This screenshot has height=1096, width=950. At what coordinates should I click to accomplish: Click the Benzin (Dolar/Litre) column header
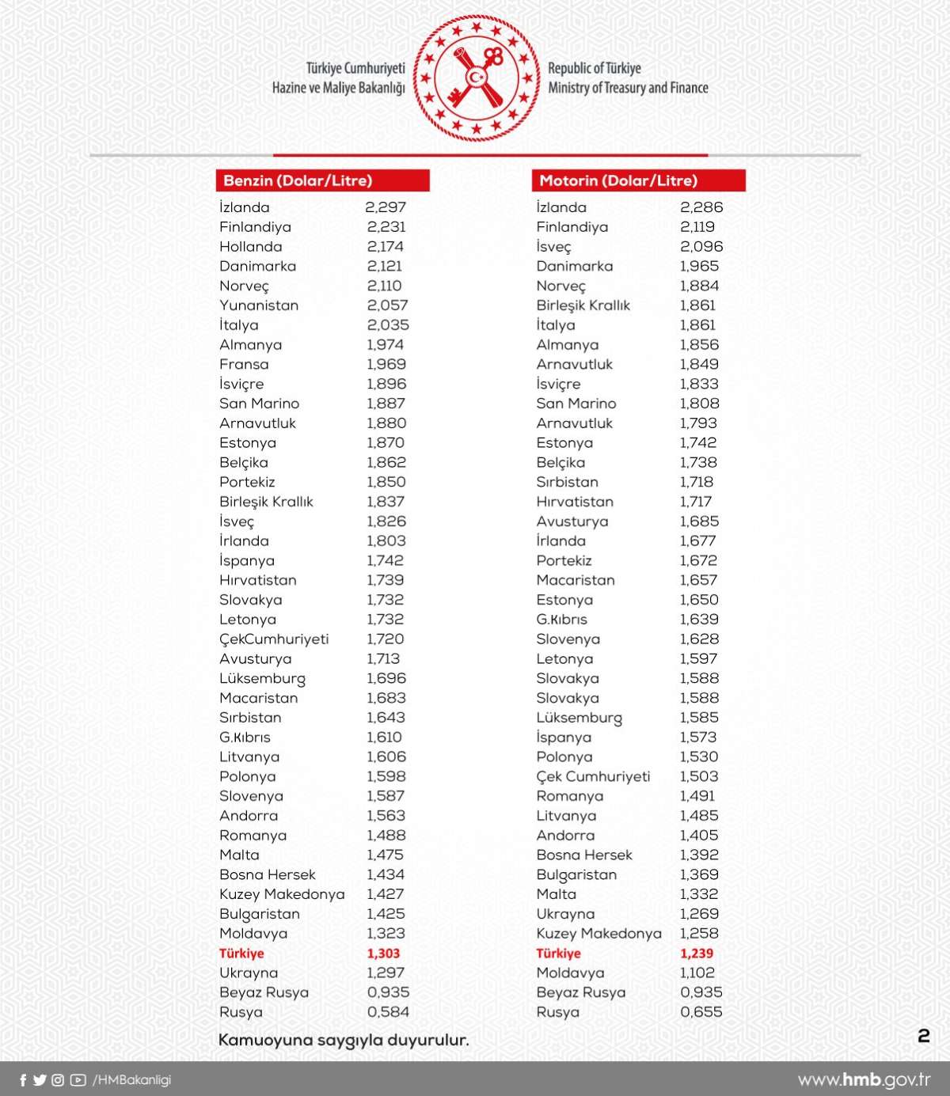coord(298,180)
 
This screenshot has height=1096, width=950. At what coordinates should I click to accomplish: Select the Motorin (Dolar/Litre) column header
coord(618,180)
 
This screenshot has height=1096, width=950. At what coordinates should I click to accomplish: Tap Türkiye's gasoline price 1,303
coord(383,954)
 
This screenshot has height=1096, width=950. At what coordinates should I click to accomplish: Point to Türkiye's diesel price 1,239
coord(697,954)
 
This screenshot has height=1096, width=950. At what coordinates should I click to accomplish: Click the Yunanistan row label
coord(259,305)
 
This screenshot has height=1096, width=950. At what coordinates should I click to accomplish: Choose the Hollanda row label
coord(250,247)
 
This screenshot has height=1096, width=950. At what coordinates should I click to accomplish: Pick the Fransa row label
coord(244,365)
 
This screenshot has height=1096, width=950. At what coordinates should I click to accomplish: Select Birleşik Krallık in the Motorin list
coord(583,305)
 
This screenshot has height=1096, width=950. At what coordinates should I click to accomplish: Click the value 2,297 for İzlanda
coord(386,207)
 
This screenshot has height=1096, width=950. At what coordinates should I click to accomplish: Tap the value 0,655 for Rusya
coord(701,1012)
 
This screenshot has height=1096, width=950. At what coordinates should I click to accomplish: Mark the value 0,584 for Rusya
coord(388,1012)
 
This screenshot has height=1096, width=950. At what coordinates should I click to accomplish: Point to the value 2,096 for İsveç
coord(701,247)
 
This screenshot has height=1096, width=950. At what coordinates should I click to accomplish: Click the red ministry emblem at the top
coord(476,78)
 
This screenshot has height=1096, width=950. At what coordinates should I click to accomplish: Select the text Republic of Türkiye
coord(595,68)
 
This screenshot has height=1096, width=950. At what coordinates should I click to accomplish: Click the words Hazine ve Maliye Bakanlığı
coord(338,88)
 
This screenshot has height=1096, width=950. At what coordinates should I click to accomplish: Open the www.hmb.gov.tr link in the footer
coord(864,1080)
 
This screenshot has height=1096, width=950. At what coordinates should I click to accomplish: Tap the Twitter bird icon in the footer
coord(40,1080)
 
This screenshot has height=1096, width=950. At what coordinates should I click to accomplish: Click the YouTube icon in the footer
coord(78,1080)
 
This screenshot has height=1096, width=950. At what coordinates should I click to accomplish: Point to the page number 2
coord(923,1037)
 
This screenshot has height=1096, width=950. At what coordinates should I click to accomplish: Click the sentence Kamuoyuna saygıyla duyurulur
coord(344,1040)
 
